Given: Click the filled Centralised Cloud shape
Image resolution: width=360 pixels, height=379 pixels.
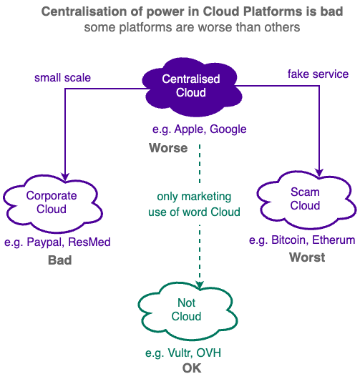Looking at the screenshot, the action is [x=192, y=87].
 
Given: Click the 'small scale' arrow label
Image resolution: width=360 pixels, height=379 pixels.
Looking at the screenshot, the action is [x=62, y=78].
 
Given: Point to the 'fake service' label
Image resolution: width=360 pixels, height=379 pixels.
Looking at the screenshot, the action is [x=318, y=74].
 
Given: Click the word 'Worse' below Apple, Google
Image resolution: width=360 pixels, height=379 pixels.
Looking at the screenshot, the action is [x=168, y=148].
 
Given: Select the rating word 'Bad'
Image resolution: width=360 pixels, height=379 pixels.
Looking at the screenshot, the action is [x=59, y=260].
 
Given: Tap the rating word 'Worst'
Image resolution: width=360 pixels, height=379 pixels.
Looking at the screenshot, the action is [x=307, y=257].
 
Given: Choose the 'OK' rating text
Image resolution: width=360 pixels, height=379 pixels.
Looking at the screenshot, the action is [x=192, y=368].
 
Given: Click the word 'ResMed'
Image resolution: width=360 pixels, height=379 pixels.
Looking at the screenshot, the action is [x=89, y=242].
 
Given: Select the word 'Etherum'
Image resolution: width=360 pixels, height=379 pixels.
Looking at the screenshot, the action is [x=334, y=240].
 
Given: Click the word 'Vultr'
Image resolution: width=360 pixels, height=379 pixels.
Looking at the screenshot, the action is [x=180, y=353].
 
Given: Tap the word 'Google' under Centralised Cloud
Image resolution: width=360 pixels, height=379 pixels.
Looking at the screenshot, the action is [x=228, y=129].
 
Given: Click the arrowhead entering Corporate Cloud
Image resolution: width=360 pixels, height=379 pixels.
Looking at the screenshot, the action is [x=65, y=177].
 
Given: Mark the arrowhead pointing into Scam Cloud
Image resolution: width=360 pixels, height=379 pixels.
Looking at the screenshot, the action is [x=319, y=173].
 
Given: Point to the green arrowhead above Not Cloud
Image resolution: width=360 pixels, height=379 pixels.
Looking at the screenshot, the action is [x=200, y=285].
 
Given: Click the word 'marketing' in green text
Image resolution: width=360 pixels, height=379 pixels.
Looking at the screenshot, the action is [x=206, y=197].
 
